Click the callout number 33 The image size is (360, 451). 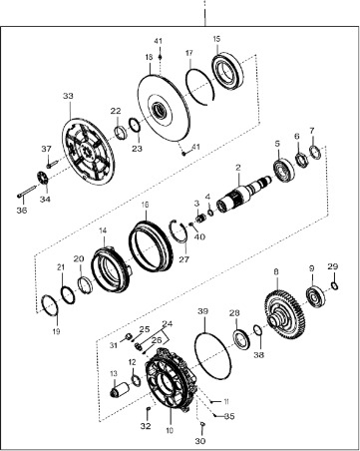click(68, 96)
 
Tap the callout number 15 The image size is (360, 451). click(217, 38)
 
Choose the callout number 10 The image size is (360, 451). click(170, 432)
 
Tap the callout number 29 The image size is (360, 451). click(333, 266)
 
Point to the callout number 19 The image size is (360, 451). click(56, 329)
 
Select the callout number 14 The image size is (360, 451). click(102, 230)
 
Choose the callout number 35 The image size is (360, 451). click(229, 415)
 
